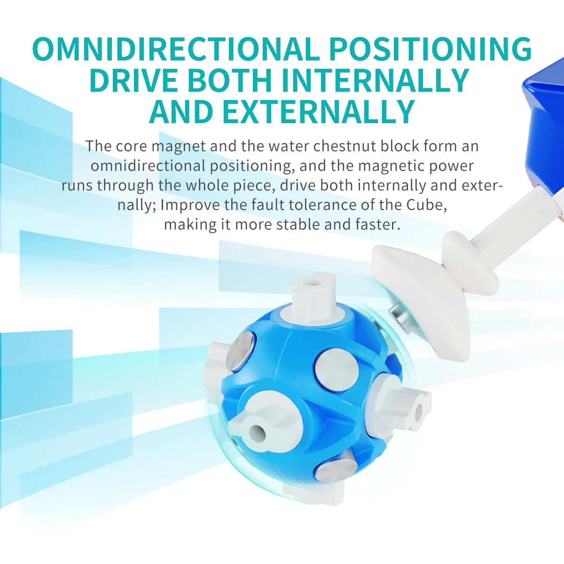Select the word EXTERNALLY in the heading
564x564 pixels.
319,111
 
